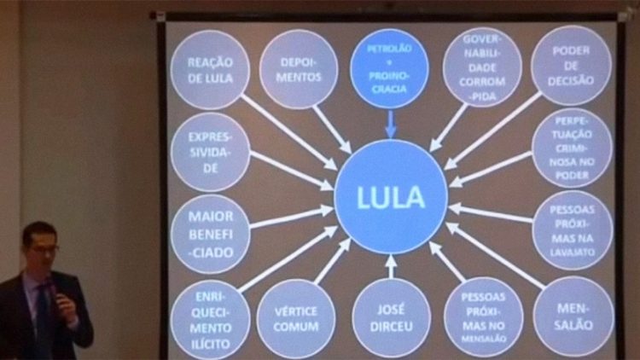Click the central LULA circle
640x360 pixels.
click(391, 197)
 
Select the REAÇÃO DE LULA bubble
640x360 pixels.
click(210, 69)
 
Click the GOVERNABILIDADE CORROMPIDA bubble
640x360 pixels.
click(482, 67)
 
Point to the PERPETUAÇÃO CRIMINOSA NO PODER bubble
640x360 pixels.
click(572, 148)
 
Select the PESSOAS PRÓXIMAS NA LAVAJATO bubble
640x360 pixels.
click(572, 229)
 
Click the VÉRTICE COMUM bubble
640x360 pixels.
click(296, 318)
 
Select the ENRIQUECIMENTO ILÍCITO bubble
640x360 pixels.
click(210, 319)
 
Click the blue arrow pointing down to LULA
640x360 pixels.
click(391, 123)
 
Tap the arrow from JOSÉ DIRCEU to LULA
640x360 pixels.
click(391, 266)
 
